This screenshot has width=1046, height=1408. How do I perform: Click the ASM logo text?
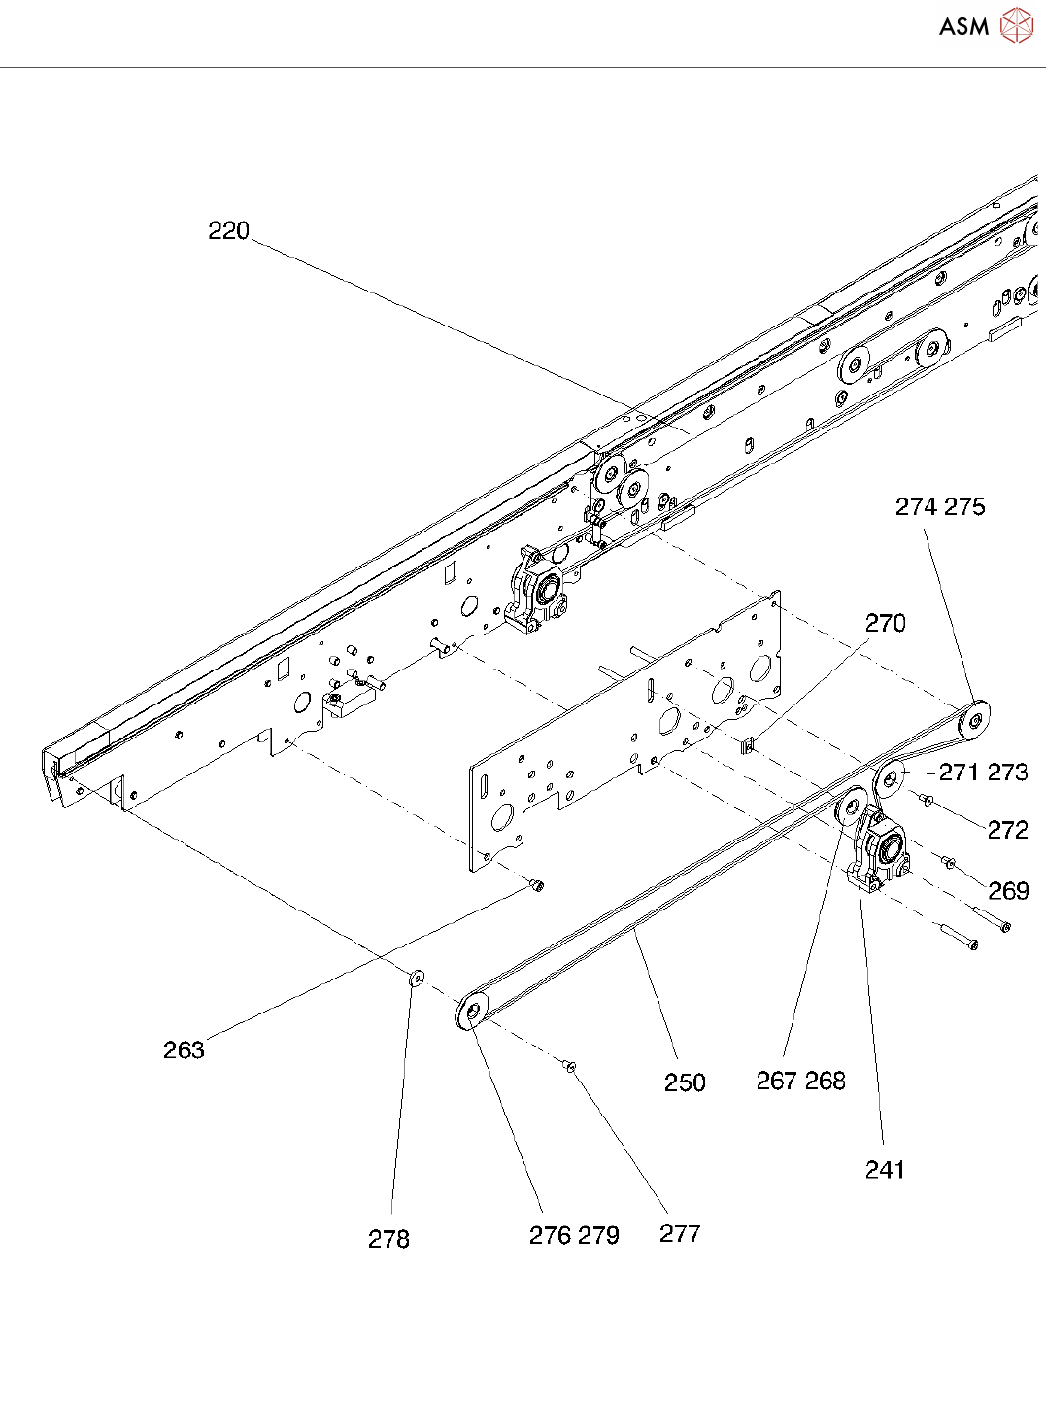pos(963,27)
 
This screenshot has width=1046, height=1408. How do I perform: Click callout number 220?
pos(229,231)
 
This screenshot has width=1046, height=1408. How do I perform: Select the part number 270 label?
pos(885,623)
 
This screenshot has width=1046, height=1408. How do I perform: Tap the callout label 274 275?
pos(939,507)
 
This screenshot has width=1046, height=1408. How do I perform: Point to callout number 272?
pos(1007,830)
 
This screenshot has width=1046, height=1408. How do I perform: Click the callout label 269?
pos(1008,890)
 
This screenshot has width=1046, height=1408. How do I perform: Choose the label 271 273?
pos(983,773)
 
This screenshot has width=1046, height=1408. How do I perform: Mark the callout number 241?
pos(885,1170)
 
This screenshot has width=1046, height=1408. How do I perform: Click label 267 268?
pos(800,1081)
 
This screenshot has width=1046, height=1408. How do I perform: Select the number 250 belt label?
pos(685,1082)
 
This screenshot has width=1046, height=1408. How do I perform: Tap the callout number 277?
pos(680,1234)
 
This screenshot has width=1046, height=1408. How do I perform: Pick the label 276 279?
pos(574,1235)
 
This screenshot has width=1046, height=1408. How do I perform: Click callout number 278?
pos(388,1239)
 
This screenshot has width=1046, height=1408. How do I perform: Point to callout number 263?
pos(184,1049)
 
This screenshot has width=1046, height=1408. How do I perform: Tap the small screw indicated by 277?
pos(570,1067)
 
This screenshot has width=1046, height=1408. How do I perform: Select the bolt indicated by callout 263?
pos(536,885)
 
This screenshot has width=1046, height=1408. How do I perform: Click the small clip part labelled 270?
pos(749,745)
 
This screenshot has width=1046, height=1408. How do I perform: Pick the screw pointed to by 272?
pos(927,799)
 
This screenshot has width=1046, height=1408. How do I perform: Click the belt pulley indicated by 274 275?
pos(973,720)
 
